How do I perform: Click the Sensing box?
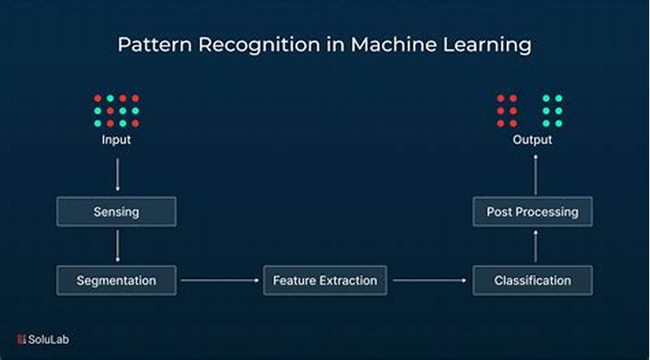pyautogui.click(x=116, y=212)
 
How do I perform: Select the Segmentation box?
pyautogui.click(x=116, y=280)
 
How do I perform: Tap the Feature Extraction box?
pyautogui.click(x=325, y=280)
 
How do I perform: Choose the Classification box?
pyautogui.click(x=532, y=280)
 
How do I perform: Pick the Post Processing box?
pyautogui.click(x=532, y=212)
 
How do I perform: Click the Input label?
pyautogui.click(x=116, y=140)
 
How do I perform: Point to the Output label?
pyautogui.click(x=532, y=140)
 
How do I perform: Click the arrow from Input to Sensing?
pyautogui.click(x=117, y=173)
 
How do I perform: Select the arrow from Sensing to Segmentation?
pyautogui.click(x=117, y=245)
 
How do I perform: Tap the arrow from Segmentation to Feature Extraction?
pyautogui.click(x=219, y=280)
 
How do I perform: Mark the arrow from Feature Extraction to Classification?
pyautogui.click(x=430, y=280)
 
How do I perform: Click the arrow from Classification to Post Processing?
pyautogui.click(x=533, y=246)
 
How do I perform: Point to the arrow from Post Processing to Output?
pyautogui.click(x=533, y=174)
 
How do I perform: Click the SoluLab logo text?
pyautogui.click(x=45, y=340)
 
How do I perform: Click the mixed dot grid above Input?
pyautogui.click(x=116, y=111)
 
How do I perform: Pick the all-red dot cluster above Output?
pyautogui.click(x=507, y=111)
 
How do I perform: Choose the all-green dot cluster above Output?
pyautogui.click(x=552, y=111)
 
